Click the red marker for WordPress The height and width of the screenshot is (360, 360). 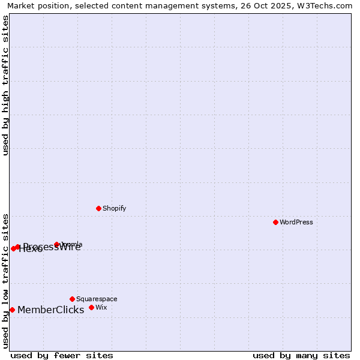tap(275, 222)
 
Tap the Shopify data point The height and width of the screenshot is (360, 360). tap(98, 208)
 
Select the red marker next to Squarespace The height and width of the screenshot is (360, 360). tap(72, 299)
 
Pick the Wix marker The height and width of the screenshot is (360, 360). tap(91, 307)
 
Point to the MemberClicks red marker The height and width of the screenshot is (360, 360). tap(12, 310)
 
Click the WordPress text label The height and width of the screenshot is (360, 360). tap(296, 222)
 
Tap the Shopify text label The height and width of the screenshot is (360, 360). tap(114, 208)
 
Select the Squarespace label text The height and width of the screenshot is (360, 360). tap(97, 299)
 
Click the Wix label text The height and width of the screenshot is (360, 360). tap(101, 307)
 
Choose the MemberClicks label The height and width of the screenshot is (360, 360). tap(50, 310)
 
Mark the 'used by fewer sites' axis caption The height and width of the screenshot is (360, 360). tap(62, 355)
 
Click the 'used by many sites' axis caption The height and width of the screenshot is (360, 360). tap(301, 355)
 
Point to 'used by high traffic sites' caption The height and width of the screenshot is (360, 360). tap(6, 85)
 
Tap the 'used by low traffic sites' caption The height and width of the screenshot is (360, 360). tap(6, 280)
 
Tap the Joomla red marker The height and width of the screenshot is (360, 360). tap(56, 244)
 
